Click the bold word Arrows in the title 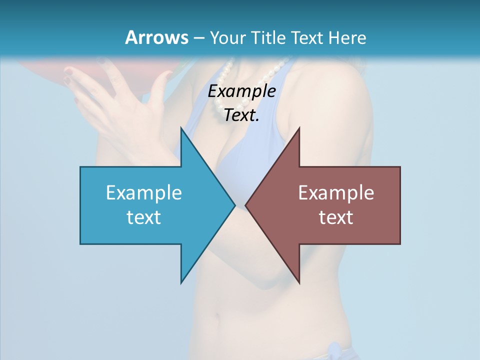156,37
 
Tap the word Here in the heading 347,37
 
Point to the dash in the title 198,38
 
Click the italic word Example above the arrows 242,91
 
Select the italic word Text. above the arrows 242,115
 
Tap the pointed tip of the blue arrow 234,204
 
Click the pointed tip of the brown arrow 246,204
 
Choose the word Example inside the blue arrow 144,192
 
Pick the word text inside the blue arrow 144,217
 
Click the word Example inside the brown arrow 336,192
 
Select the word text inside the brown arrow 336,217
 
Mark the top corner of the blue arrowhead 181,129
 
